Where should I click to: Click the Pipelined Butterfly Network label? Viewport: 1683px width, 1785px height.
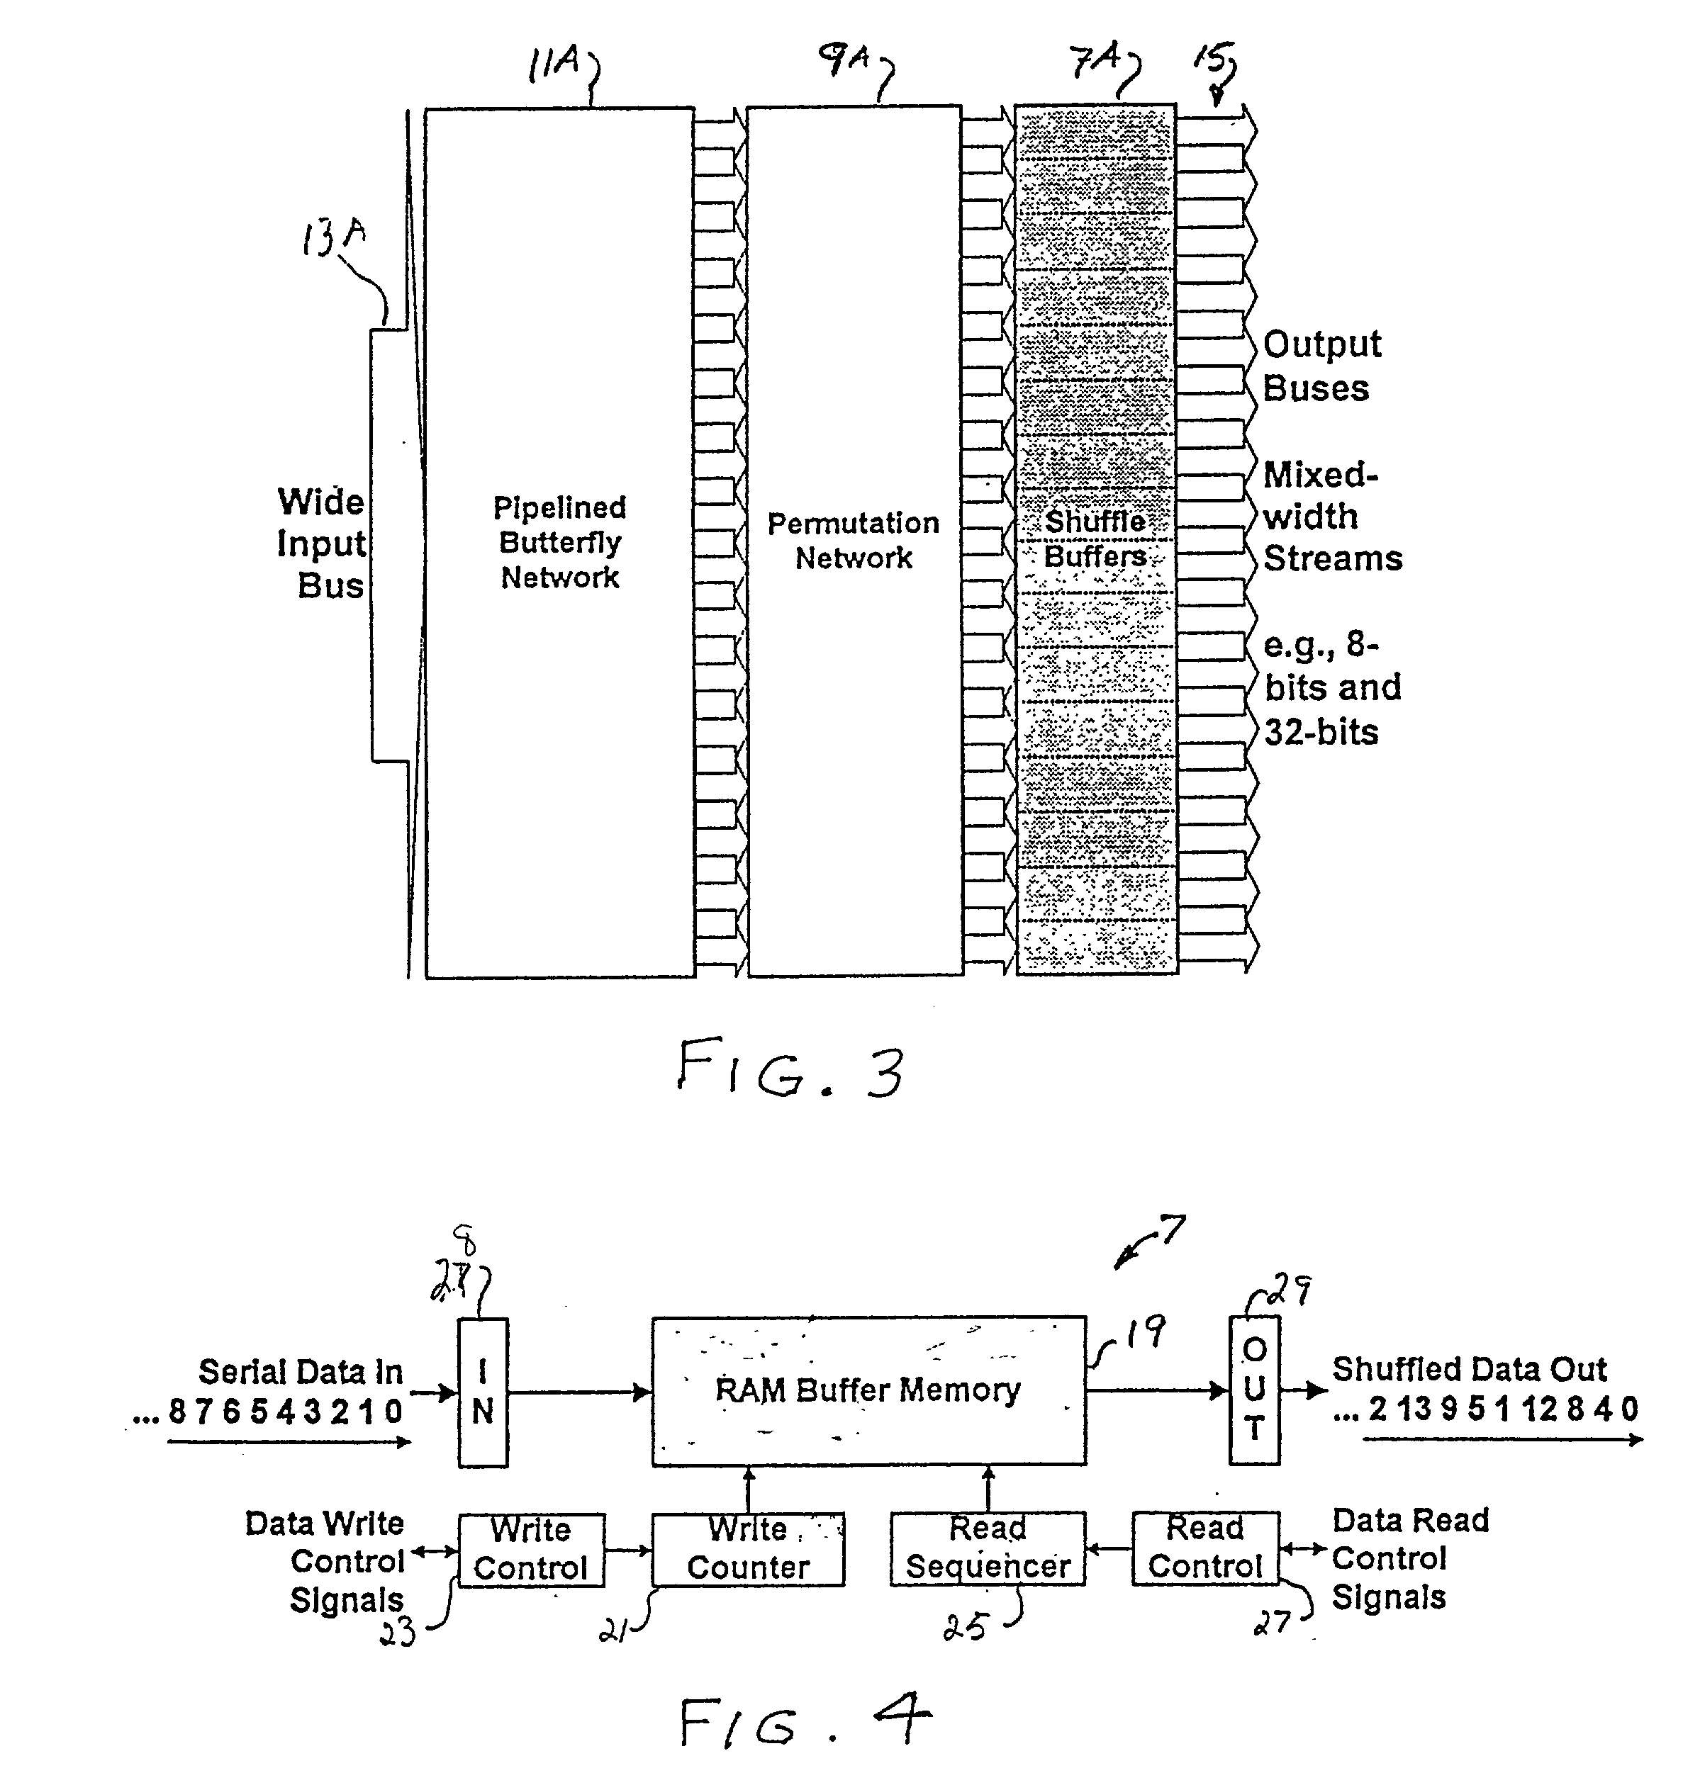(559, 542)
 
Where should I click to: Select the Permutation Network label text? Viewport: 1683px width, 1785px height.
(853, 541)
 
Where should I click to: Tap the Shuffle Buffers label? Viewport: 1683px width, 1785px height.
(1095, 539)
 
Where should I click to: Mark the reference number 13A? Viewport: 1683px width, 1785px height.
(333, 237)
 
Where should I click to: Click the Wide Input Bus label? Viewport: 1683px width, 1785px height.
(322, 544)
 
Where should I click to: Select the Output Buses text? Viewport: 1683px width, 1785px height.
(1321, 366)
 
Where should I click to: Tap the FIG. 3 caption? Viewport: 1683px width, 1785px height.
(790, 1069)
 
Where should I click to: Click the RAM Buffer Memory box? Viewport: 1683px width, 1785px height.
(868, 1391)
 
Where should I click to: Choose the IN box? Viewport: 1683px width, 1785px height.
(483, 1392)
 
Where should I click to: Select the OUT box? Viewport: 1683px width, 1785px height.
(1253, 1390)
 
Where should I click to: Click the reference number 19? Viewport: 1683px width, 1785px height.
(1146, 1332)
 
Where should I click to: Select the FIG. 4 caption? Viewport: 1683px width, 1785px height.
(804, 1721)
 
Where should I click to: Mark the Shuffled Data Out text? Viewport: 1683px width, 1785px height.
(1468, 1369)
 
